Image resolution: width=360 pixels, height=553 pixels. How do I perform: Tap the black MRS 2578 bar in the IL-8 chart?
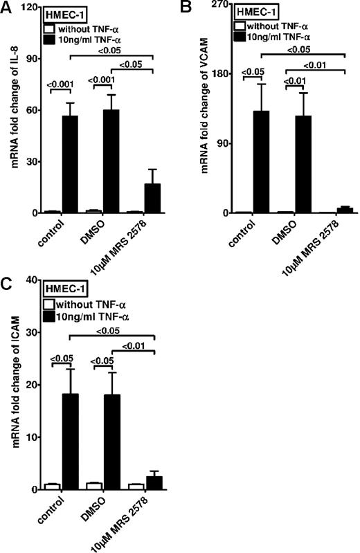click(x=152, y=198)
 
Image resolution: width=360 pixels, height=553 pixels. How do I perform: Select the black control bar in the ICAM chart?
click(x=69, y=442)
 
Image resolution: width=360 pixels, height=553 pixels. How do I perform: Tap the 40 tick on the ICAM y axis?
click(x=29, y=280)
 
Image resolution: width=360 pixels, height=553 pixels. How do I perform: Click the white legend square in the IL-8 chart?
click(x=48, y=29)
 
